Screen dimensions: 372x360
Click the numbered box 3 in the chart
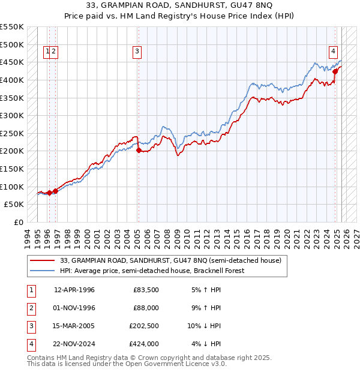pyautogui.click(x=137, y=52)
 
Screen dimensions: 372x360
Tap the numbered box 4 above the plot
pyautogui.click(x=332, y=52)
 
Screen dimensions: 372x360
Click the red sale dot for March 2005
pyautogui.click(x=139, y=151)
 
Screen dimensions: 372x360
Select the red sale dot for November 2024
pyautogui.click(x=335, y=71)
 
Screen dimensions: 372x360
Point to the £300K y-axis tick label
pyautogui.click(x=12, y=115)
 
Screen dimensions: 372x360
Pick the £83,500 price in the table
pyautogui.click(x=146, y=290)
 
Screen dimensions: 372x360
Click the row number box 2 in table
pyautogui.click(x=30, y=308)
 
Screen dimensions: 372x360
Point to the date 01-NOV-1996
pyautogui.click(x=74, y=308)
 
